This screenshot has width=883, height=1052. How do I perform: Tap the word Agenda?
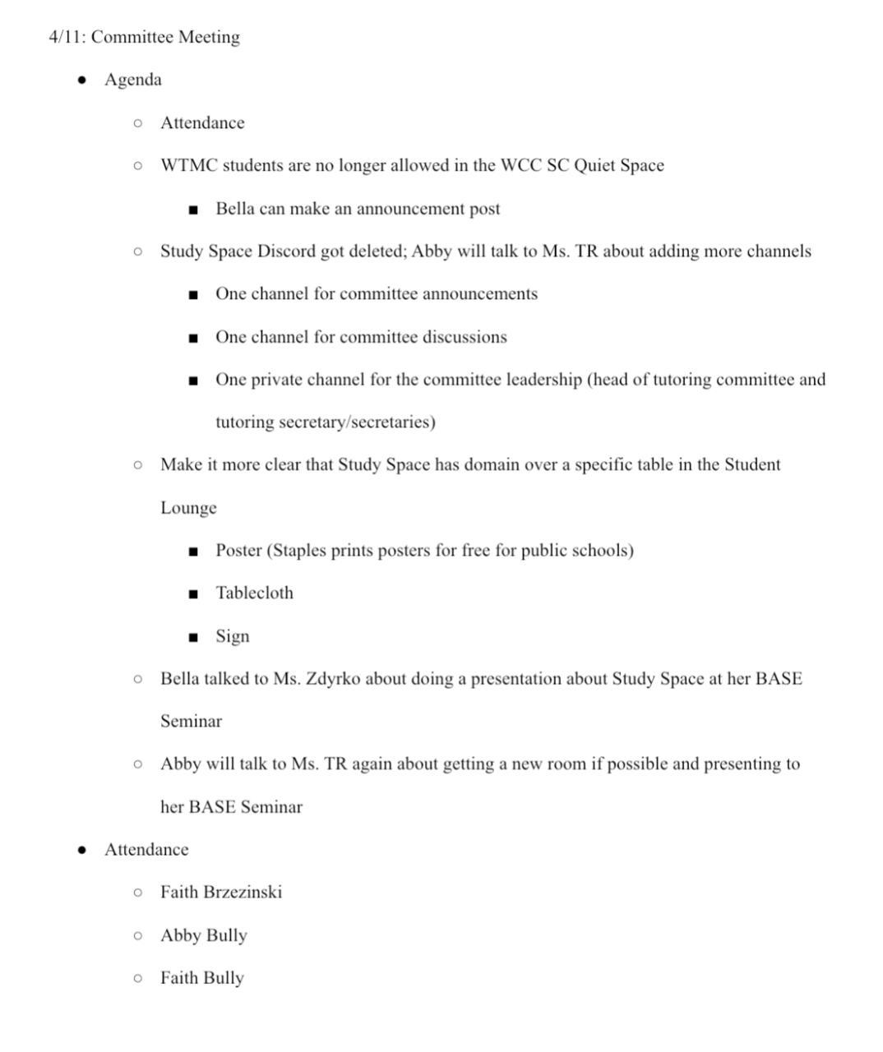(133, 81)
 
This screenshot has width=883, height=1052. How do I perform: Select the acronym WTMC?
(188, 166)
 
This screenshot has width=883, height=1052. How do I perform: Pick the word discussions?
(465, 337)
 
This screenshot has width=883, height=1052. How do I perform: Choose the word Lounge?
(188, 508)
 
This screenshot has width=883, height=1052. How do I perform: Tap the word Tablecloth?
(254, 593)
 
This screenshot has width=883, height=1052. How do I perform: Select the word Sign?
(232, 637)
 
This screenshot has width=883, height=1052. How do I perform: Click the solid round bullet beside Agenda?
(81, 81)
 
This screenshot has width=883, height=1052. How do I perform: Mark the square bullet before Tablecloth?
(193, 594)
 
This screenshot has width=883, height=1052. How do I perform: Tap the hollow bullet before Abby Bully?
(137, 935)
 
